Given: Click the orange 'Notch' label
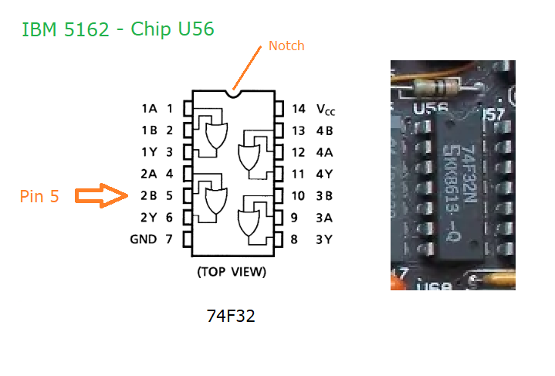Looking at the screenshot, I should pos(286,46).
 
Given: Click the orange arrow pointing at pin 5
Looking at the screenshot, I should pos(101,196).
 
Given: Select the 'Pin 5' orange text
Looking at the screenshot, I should pos(39,197).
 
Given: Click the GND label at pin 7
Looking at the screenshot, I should pos(144,239).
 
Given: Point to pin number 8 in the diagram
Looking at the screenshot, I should pos(294,239).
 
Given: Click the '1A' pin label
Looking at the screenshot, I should pos(149,109).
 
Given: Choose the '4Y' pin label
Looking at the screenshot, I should pos(324,174).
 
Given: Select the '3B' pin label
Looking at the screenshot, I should pos(324,196).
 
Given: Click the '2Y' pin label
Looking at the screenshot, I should pos(149,218).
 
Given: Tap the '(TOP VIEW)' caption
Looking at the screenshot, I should pos(232,272).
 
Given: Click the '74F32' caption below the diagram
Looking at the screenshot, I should pos(231,316).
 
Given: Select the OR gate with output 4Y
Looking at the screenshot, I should pos(249,157).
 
